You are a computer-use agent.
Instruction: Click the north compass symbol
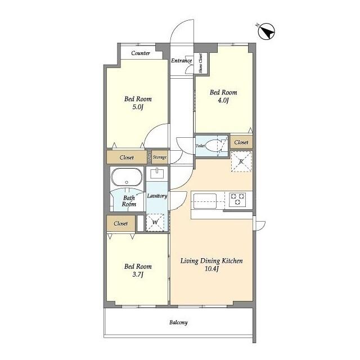click(x=266, y=32)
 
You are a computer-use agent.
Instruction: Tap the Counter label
click(x=141, y=53)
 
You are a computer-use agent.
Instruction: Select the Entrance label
click(x=181, y=61)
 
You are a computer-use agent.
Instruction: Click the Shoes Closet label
click(x=201, y=63)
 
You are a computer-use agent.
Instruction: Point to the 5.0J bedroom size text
click(x=138, y=107)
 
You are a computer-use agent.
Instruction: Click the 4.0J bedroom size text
click(x=223, y=100)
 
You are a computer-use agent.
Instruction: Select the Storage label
click(x=160, y=157)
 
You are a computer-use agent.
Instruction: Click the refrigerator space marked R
click(x=241, y=161)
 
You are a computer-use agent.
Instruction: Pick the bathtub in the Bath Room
click(x=127, y=177)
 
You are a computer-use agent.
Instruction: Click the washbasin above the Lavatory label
click(x=157, y=173)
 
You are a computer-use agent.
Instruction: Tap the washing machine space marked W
click(x=155, y=223)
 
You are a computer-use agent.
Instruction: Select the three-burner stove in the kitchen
click(x=237, y=199)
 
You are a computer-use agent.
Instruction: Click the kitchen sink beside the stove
click(x=205, y=201)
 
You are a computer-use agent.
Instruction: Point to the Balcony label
click(x=178, y=322)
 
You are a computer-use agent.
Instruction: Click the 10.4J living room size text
click(x=211, y=269)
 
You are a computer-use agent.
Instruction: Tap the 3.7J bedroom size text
click(x=138, y=274)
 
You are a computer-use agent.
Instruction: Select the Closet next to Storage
click(x=127, y=157)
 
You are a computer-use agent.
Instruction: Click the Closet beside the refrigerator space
click(x=241, y=142)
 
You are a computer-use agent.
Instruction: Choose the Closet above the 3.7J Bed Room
click(x=121, y=223)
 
